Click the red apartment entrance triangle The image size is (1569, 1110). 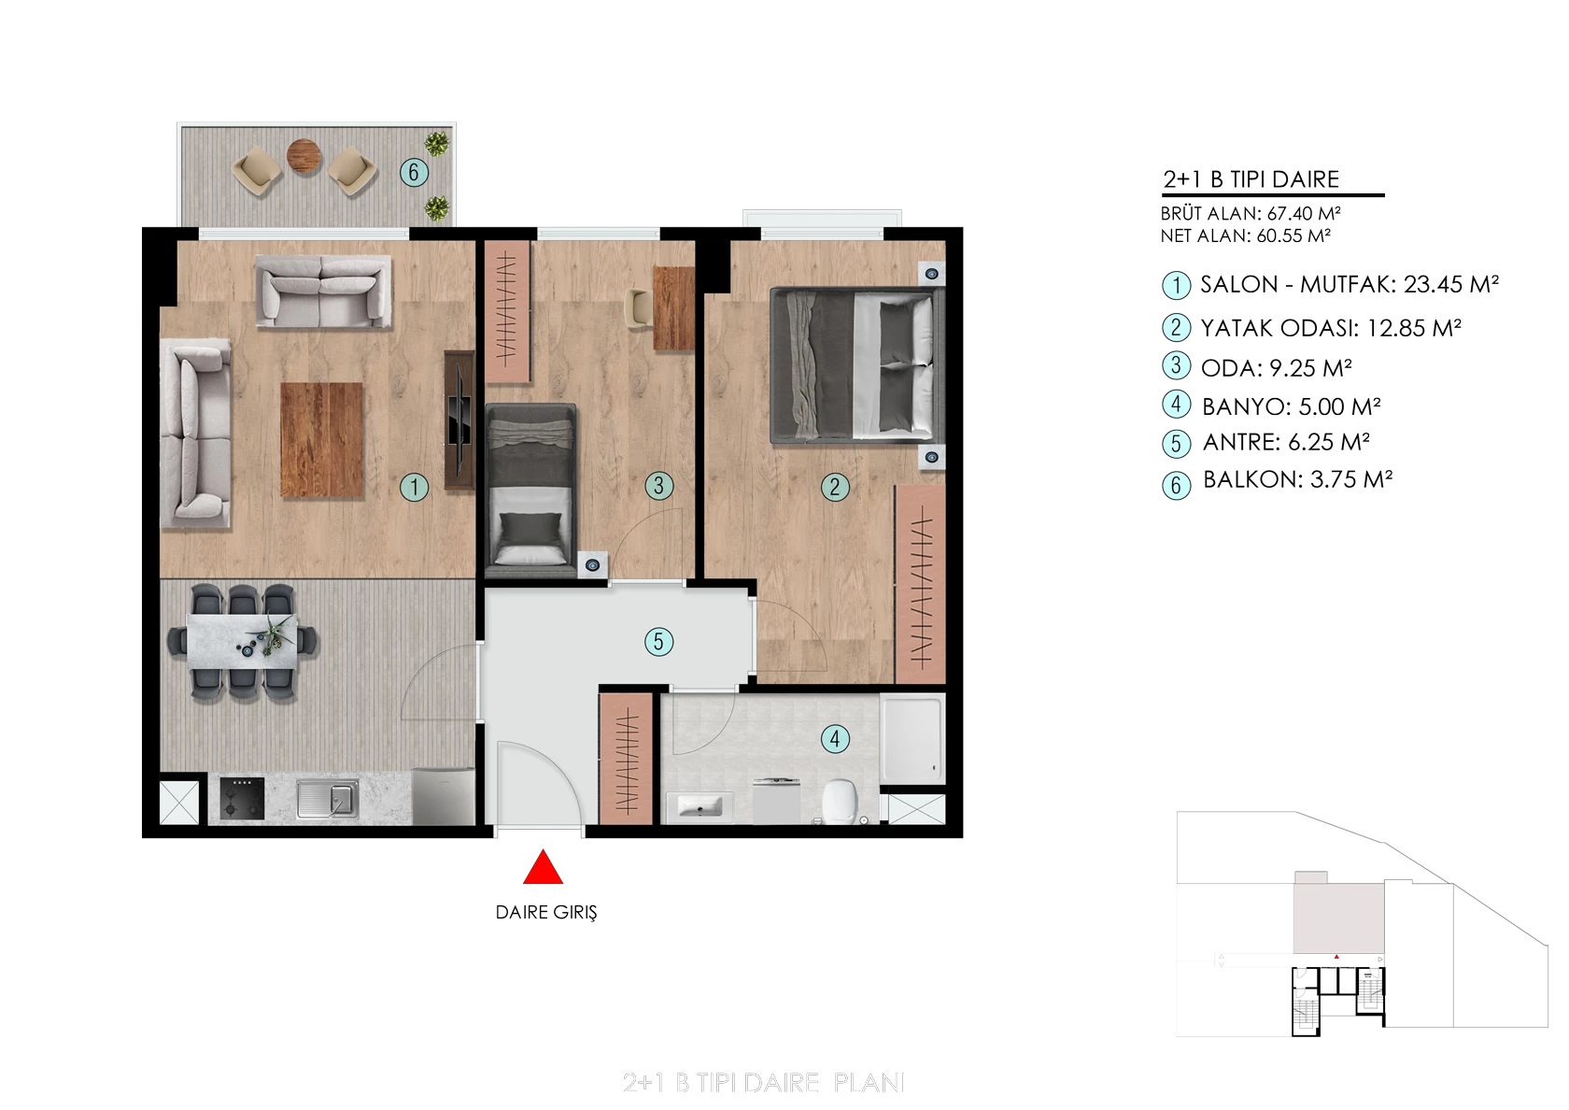(x=543, y=867)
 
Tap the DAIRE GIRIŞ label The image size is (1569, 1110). (x=546, y=912)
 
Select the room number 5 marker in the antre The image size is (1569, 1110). (x=658, y=641)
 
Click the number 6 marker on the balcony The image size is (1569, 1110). (x=413, y=172)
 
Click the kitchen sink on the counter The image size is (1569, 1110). (x=328, y=799)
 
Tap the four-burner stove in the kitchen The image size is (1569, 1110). (x=243, y=798)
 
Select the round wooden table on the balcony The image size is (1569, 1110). (x=304, y=155)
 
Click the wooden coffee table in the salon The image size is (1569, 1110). (x=321, y=439)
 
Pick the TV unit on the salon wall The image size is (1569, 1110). (x=459, y=420)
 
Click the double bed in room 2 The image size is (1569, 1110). (x=856, y=365)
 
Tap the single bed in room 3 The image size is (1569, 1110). (x=530, y=486)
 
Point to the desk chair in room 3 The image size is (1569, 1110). (x=638, y=308)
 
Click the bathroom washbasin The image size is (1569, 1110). (x=700, y=807)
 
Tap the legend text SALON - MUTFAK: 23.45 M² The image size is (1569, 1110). (x=1349, y=284)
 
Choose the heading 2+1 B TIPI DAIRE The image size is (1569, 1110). (x=1251, y=179)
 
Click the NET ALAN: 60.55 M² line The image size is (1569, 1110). (x=1246, y=236)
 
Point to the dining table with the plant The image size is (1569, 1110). (x=243, y=641)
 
